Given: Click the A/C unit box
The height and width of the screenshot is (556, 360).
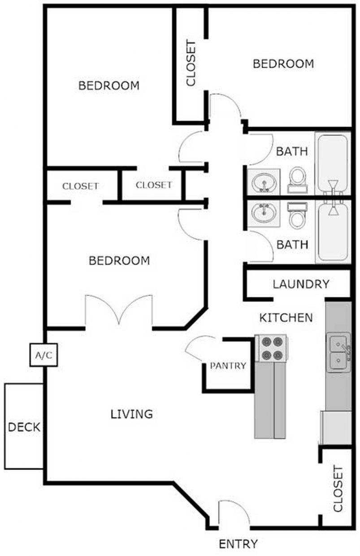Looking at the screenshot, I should tap(43, 355).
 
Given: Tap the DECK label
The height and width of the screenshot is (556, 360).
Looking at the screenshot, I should tap(24, 427).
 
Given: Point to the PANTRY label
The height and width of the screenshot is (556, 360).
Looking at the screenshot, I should tap(228, 366).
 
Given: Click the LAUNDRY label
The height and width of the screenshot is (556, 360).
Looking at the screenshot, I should tap(301, 284).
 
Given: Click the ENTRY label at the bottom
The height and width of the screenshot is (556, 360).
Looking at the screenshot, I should tap(238, 544).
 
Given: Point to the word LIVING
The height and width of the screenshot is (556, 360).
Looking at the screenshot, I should tap(132, 414).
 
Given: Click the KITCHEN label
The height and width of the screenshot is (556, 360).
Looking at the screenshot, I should tap(286, 318).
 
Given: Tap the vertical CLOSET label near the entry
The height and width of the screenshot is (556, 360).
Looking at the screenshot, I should tap(338, 489).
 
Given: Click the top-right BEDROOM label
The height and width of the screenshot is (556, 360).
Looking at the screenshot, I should tap(283, 64).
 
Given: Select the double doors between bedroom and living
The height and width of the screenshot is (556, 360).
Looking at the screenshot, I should tap(119, 310).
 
